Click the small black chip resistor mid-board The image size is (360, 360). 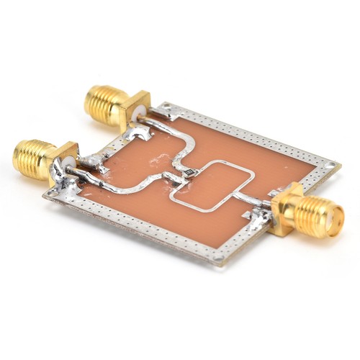click(189, 173)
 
